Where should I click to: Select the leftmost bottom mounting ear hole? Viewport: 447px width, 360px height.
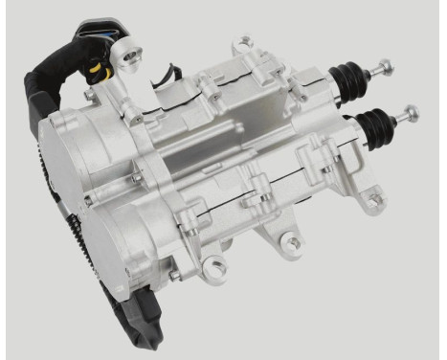216,264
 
